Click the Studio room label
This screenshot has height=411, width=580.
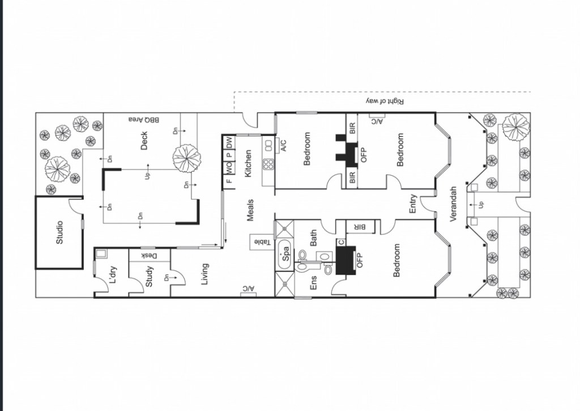tap(59, 232)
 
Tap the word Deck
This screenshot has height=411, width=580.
tap(144, 141)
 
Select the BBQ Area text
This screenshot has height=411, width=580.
tap(144, 120)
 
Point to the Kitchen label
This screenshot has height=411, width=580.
tap(248, 163)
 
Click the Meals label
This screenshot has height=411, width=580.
tap(250, 210)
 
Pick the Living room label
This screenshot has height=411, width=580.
tap(204, 274)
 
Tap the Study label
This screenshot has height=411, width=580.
tap(149, 277)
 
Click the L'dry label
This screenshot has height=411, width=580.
tap(113, 274)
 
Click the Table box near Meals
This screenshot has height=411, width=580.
tap(262, 242)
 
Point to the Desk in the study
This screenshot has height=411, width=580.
tap(150, 256)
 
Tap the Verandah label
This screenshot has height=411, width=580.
tap(453, 204)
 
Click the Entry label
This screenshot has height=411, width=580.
tap(413, 204)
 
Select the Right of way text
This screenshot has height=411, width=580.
tap(385, 101)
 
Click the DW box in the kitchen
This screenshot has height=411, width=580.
tap(229, 142)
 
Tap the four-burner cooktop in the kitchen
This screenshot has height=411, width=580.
tap(268, 164)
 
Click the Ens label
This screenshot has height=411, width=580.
tap(313, 282)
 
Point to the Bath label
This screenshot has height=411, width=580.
tap(313, 238)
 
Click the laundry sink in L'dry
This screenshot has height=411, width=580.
tap(101, 254)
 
